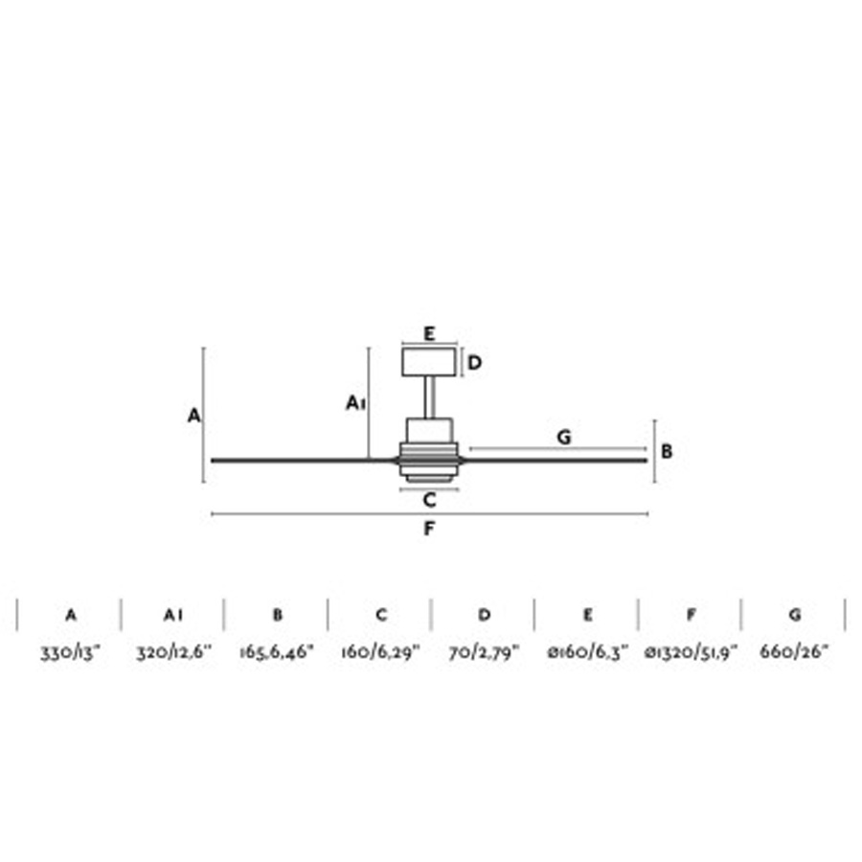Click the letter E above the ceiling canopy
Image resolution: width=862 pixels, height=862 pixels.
tap(429, 333)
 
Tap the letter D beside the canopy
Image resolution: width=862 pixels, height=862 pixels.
tap(474, 363)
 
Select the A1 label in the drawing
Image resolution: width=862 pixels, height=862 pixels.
tap(355, 403)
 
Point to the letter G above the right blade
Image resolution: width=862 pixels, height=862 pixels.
tap(564, 437)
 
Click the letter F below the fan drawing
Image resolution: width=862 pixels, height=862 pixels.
tap(429, 529)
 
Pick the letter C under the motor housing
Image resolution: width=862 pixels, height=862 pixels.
tap(430, 500)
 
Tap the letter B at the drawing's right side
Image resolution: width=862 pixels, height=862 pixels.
tap(667, 451)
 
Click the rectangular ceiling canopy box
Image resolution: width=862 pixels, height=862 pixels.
tap(429, 362)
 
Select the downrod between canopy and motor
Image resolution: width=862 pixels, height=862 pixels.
tap(429, 397)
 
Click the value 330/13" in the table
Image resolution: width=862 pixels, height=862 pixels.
tap(70, 652)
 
